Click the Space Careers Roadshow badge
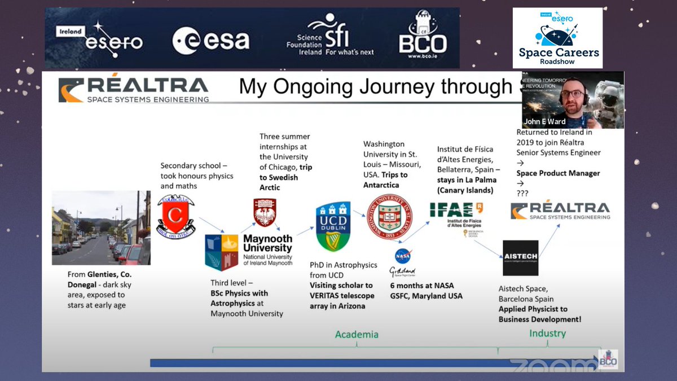[557, 38]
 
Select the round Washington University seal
[389, 217]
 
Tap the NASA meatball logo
[402, 256]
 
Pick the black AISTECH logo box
[520, 258]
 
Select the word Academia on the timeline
[357, 335]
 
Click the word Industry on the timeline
[547, 334]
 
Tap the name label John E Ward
[544, 122]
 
